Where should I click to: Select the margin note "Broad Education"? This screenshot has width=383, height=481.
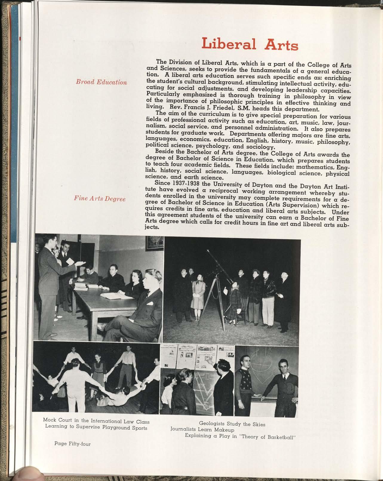pos(101,82)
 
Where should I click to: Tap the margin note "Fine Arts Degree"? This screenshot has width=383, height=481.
pos(100,199)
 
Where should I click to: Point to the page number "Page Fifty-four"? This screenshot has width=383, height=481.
pos(72,444)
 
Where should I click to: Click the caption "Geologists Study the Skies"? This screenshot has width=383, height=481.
pos(232,424)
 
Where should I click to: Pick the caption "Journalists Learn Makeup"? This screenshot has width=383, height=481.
pos(202,430)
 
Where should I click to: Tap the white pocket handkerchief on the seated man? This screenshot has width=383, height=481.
pos(150,303)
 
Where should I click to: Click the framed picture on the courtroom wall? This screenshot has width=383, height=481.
pos(155,242)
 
